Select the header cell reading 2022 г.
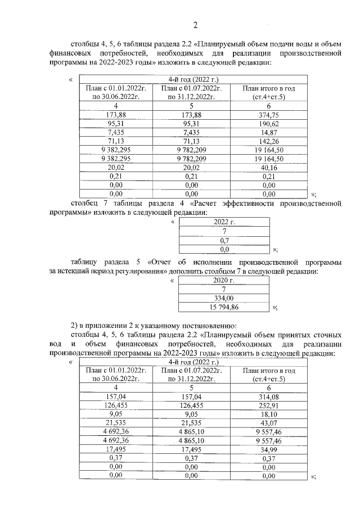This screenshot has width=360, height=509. [224, 223]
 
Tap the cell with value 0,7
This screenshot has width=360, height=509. [224, 240]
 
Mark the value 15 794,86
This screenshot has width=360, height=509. [224, 307]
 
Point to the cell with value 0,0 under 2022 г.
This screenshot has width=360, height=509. [224, 248]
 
